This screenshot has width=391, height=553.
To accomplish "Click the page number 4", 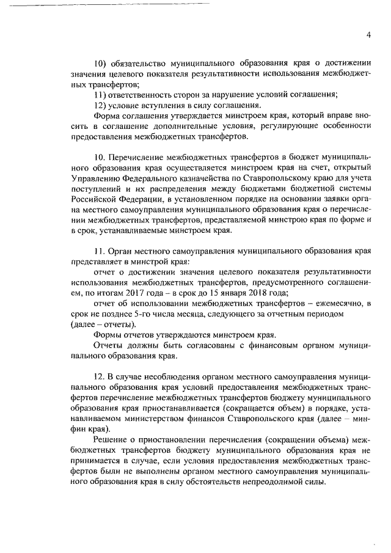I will [x=369, y=34].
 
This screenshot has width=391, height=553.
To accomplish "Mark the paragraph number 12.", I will [x=100, y=376].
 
